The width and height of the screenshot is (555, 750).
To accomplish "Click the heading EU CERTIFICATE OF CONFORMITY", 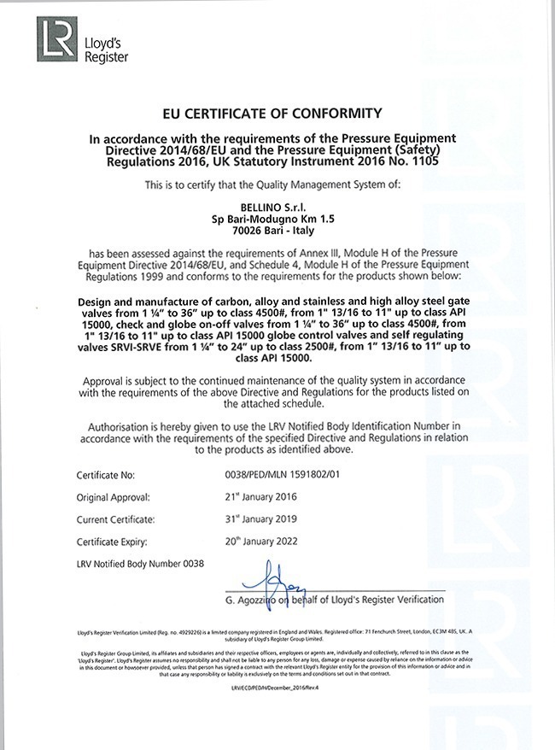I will [x=277, y=113].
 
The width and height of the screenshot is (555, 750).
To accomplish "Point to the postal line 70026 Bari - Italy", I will [x=277, y=231].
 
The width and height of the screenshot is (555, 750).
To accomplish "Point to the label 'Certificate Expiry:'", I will [x=113, y=542].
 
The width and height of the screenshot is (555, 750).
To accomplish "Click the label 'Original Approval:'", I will [x=114, y=496].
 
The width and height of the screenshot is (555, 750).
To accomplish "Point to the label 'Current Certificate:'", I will [x=115, y=519].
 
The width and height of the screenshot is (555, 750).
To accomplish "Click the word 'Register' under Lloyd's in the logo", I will [x=107, y=57].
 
